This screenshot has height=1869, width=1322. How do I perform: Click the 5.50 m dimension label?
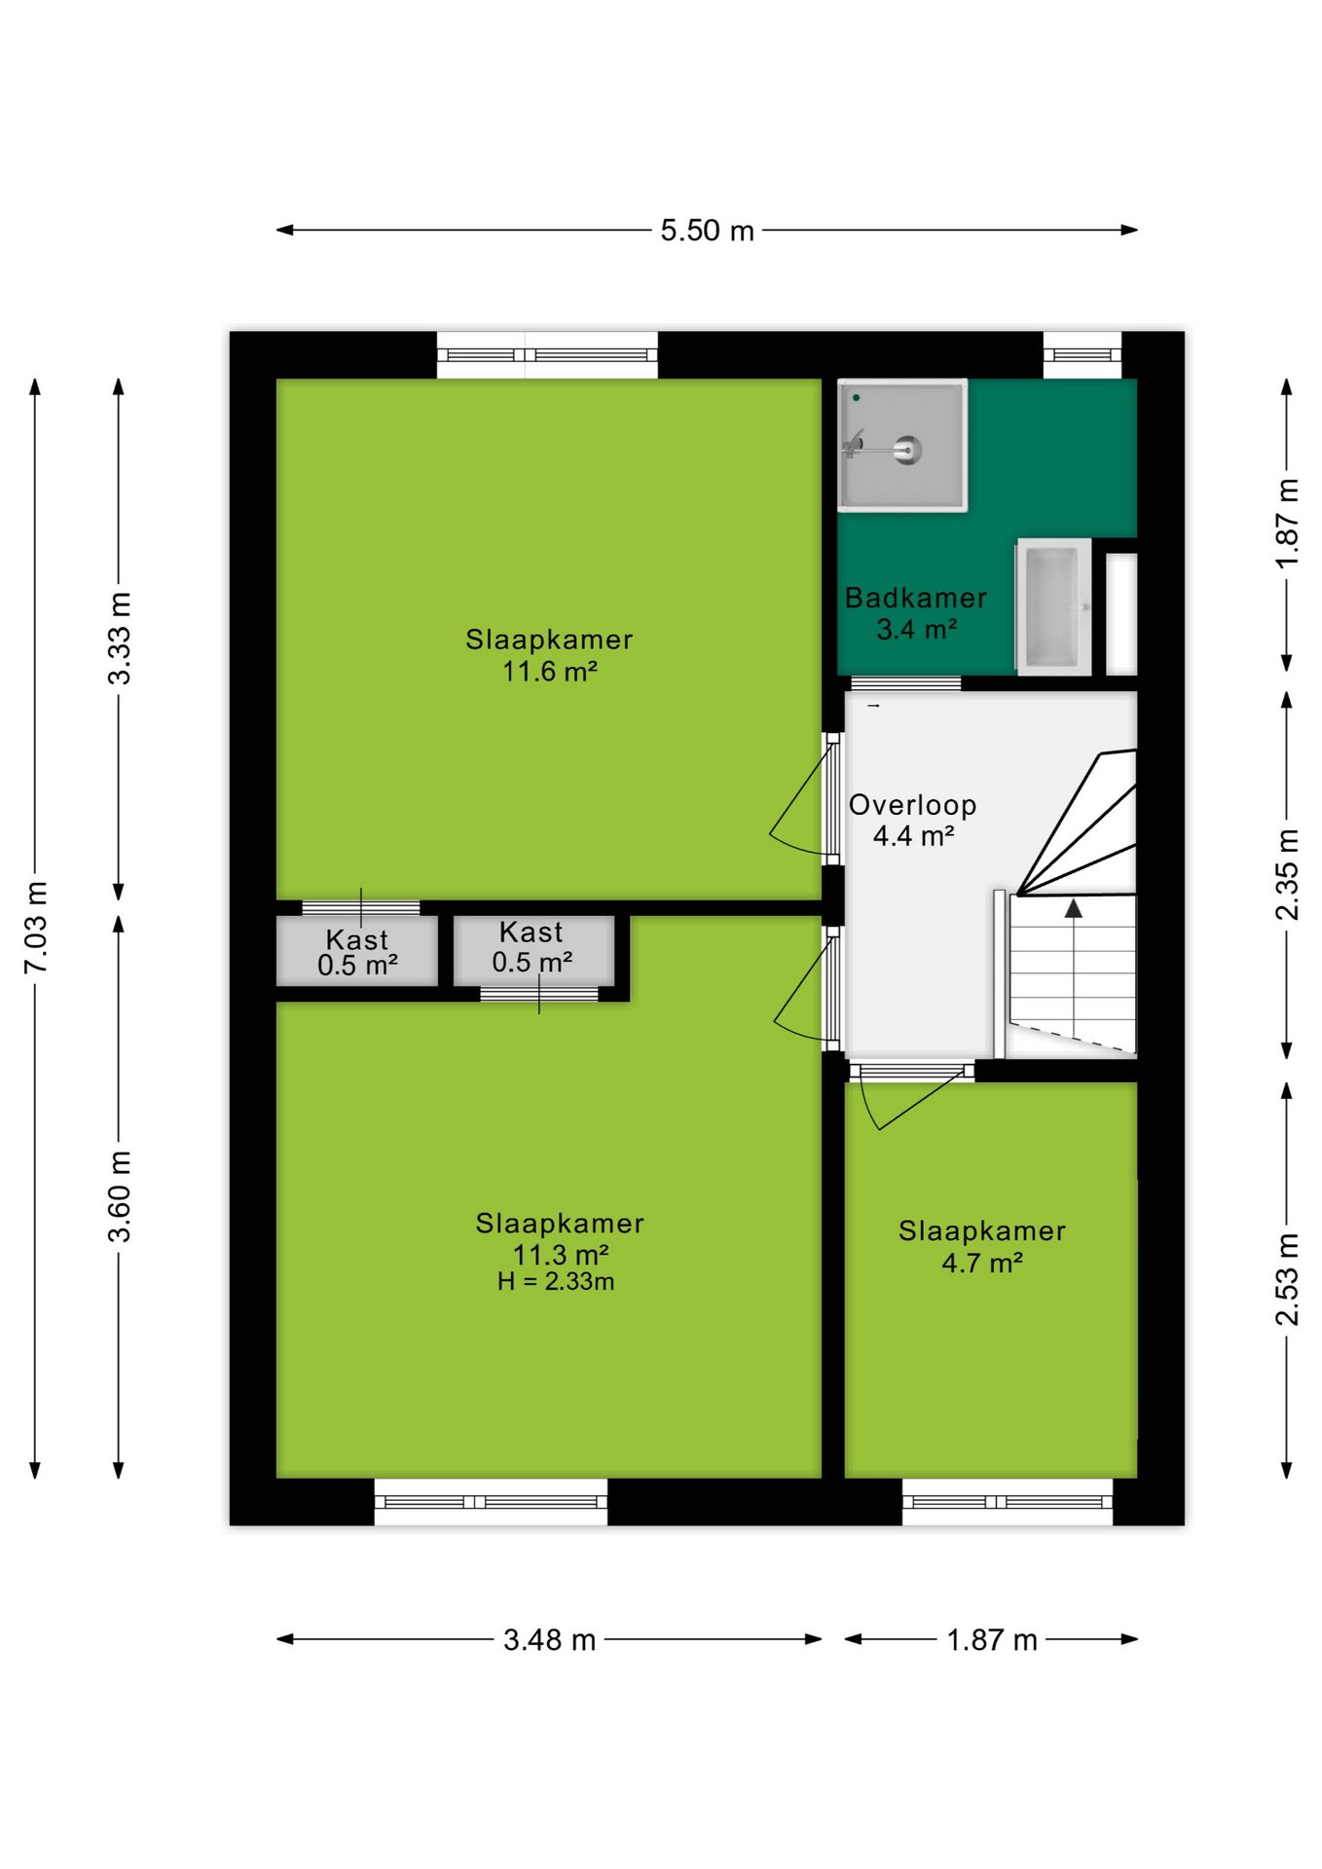tap(707, 231)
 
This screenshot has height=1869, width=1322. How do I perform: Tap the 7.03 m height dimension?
tap(36, 927)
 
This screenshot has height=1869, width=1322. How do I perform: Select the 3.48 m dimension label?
tap(549, 1640)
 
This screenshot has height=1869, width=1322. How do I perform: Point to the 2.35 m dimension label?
tap(1287, 874)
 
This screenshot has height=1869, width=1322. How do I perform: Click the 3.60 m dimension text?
tap(119, 1196)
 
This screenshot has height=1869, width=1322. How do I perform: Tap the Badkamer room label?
tap(915, 598)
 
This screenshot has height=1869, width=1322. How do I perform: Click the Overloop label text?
tap(912, 805)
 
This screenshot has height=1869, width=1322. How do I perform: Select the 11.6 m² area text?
tap(549, 672)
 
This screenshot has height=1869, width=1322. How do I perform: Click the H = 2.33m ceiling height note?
tap(556, 1282)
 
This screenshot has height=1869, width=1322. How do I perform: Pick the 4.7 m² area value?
tap(981, 1264)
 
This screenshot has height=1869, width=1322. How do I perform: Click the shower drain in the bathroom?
tap(907, 450)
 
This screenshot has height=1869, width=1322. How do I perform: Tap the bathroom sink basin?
tap(1052, 606)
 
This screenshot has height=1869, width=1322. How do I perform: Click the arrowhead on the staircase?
tap(1073, 908)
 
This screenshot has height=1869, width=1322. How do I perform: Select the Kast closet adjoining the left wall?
tap(357, 951)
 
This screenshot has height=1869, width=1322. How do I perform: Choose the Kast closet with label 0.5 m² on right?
tap(533, 951)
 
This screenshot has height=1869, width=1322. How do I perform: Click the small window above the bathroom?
tap(1083, 355)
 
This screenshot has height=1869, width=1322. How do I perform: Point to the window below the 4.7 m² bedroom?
tap(1007, 1502)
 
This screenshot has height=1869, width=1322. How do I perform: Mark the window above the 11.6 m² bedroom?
tap(547, 355)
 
